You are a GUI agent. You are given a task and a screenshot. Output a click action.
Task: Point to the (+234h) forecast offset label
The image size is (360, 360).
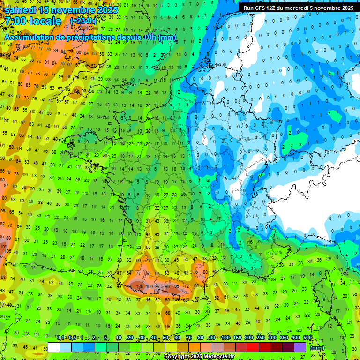(83, 21)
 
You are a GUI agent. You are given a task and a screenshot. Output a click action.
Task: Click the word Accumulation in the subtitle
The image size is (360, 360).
(30, 37)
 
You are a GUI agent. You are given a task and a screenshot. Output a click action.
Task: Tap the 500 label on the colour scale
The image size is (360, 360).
(307, 338)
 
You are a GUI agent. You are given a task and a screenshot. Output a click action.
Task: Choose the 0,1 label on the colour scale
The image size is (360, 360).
(60, 338)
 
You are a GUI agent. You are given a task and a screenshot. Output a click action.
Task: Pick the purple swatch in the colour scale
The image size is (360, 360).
(300, 347)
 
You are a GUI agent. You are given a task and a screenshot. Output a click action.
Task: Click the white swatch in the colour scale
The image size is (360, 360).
(54, 347)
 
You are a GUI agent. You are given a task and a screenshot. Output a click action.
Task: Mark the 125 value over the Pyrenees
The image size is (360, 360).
(139, 286)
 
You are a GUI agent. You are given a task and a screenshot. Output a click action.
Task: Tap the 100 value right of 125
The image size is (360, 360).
(150, 286)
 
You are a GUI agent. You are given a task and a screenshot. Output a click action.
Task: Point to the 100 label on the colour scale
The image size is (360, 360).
(225, 338)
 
